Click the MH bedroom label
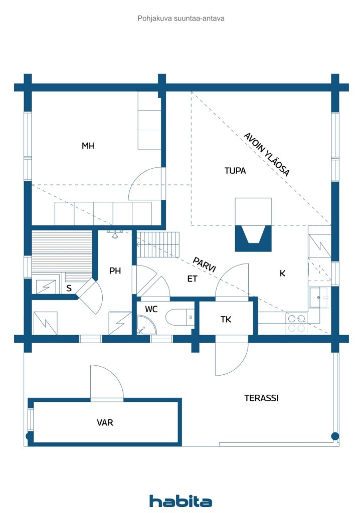pos(88,146)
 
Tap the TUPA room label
pos(235,170)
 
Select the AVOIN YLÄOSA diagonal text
pos(267,154)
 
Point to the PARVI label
pos(205,265)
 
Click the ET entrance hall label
pos(192,279)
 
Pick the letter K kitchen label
pos(282,273)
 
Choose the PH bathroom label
pos(115,271)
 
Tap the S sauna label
pos(69,288)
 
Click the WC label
pos(151,309)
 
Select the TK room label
pos(226,319)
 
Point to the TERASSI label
pos(261,398)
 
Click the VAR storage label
pos(105,422)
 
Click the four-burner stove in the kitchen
pos(296,323)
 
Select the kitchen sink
pos(320,298)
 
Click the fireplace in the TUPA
pos(253,225)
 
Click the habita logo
pos(180,501)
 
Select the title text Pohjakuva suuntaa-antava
pos(181,19)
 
